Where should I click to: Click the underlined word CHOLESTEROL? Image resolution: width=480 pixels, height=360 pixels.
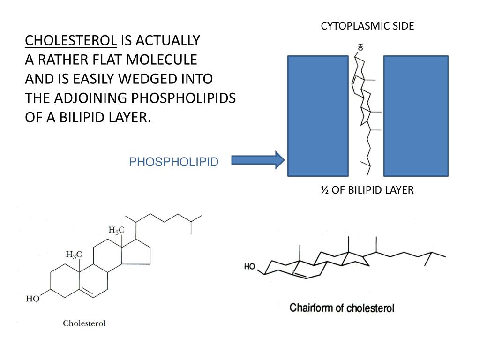click(71, 41)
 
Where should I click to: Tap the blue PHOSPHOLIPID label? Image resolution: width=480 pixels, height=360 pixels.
click(173, 162)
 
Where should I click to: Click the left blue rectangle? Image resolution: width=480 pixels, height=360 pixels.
click(318, 116)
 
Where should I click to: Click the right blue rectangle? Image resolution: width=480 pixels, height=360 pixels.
click(416, 116)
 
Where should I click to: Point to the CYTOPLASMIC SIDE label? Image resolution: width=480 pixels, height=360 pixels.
click(367, 26)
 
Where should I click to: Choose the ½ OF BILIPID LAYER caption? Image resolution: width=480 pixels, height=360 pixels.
click(367, 190)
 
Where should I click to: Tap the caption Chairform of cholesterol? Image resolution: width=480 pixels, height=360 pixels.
click(342, 308)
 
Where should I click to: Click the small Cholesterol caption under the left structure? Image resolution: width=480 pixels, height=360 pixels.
click(84, 323)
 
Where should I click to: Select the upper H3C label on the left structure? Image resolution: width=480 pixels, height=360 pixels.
click(117, 230)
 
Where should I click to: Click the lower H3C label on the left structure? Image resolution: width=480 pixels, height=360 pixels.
click(74, 255)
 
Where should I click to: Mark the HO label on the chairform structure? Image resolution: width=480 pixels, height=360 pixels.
click(249, 267)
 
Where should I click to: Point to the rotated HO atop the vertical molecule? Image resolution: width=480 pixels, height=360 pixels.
click(360, 47)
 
